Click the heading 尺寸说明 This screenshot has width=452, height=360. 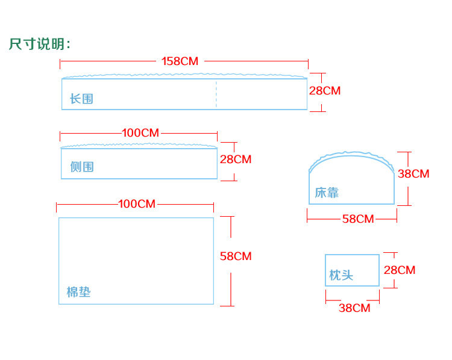(40, 44)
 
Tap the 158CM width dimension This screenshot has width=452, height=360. (180, 61)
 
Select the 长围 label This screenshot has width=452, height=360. (81, 99)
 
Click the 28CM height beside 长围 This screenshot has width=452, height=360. (324, 91)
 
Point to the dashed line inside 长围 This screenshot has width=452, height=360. (216, 93)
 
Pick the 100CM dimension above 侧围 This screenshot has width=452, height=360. (140, 133)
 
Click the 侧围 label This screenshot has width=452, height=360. (82, 167)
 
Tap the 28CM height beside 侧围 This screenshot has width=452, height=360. (235, 160)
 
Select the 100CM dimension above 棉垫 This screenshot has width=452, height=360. (137, 204)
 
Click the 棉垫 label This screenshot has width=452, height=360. (78, 293)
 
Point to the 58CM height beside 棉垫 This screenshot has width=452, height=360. (236, 256)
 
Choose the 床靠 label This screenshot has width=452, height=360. (327, 193)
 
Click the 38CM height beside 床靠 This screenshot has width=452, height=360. (413, 174)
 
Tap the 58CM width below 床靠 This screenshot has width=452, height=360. (358, 219)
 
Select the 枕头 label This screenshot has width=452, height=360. (341, 276)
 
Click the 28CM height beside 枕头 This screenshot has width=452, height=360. (400, 270)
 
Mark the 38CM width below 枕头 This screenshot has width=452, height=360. (354, 308)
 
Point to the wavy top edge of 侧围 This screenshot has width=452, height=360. (139, 145)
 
